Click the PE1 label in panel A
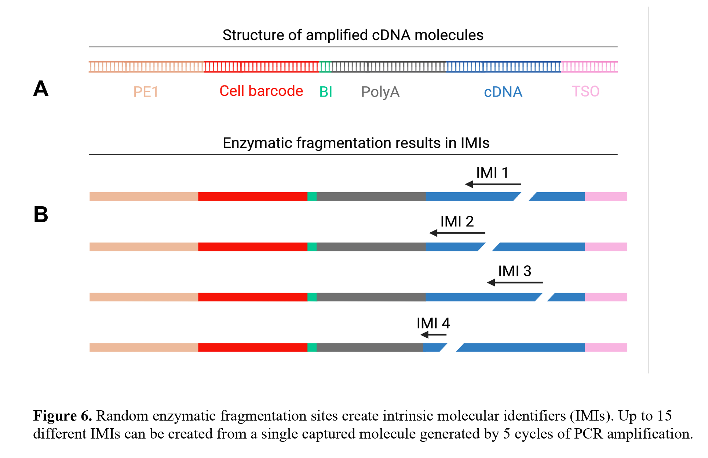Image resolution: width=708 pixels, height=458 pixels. tap(146, 92)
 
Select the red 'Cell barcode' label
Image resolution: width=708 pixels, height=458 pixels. tap(261, 91)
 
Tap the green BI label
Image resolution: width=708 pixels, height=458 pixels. tap(326, 92)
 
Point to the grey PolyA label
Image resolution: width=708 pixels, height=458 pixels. tap(380, 92)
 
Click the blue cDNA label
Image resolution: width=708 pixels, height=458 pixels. tap(503, 92)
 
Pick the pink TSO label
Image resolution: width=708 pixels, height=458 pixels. tap(585, 91)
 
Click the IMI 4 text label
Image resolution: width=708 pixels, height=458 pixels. tap(433, 323)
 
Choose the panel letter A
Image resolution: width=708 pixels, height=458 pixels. tap(41, 89)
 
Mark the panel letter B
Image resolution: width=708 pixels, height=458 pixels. tap(41, 214)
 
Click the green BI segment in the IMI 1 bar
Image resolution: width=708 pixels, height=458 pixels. tap(312, 197)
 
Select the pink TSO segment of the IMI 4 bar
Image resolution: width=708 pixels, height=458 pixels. tap(606, 348)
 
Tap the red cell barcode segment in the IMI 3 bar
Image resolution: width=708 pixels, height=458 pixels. tap(253, 297)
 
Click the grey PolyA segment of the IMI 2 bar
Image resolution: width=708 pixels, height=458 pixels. tap(371, 247)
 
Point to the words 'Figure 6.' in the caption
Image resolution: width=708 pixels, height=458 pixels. tap(62, 416)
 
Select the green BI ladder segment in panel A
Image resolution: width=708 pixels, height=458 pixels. tap(325, 67)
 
